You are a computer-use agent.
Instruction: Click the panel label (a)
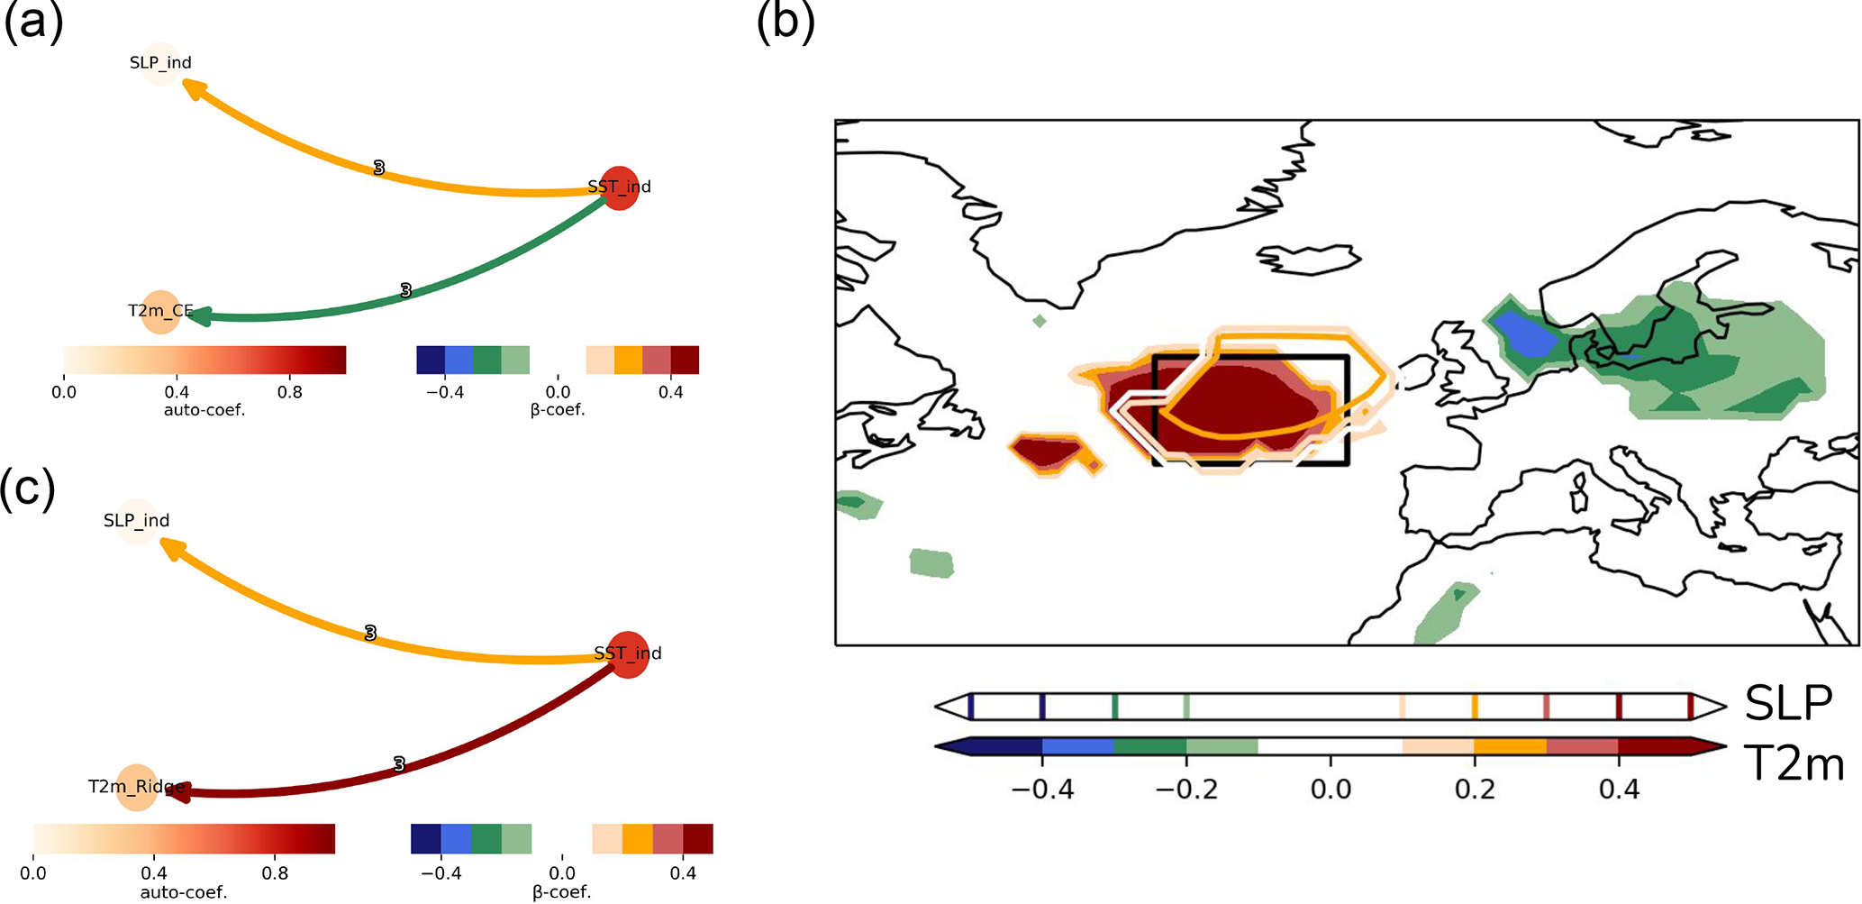[x=33, y=21]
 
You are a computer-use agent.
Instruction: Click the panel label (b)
[x=786, y=21]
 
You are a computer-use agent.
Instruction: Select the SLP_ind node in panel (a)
[x=160, y=63]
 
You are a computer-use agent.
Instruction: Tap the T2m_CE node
[x=160, y=312]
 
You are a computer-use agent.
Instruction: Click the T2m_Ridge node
[x=136, y=787]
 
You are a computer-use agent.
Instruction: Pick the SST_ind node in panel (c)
[x=628, y=653]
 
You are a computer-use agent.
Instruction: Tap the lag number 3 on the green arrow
[x=405, y=290]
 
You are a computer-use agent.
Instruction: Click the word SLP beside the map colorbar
[x=1788, y=704]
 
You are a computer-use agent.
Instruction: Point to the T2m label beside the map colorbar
[x=1794, y=763]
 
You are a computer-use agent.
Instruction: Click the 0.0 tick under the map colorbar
[x=1331, y=790]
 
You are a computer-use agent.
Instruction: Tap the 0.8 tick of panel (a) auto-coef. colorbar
[x=290, y=392]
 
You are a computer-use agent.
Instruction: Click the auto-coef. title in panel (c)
[x=184, y=892]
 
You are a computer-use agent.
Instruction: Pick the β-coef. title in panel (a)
[x=558, y=410]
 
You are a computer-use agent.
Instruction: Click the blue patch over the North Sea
[x=1525, y=334]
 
